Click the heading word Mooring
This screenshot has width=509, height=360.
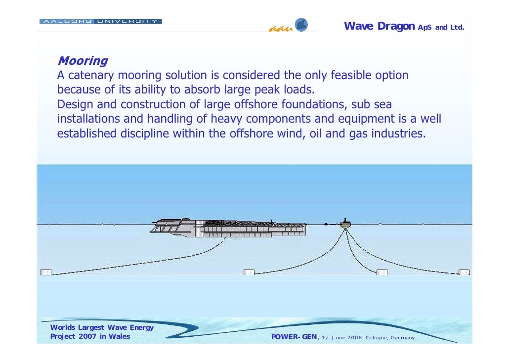83,61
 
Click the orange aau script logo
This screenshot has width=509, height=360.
281,28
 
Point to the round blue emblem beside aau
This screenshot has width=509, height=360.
301,25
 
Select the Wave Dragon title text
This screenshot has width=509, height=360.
379,26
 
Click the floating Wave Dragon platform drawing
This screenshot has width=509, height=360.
228,227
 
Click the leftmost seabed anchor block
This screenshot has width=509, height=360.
45,272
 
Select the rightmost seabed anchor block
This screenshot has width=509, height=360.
464,272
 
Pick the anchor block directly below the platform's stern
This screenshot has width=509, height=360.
249,272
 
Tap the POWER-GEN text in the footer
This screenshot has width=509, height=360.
295,337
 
